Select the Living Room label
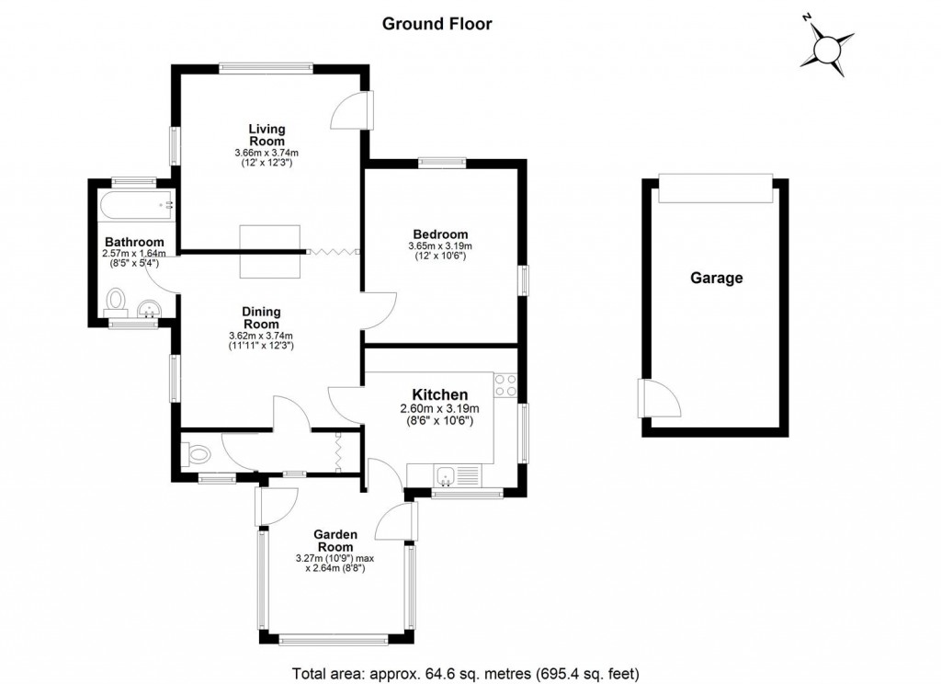pyautogui.click(x=266, y=135)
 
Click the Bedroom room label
pyautogui.click(x=437, y=234)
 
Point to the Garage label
pyautogui.click(x=717, y=278)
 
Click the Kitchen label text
pyautogui.click(x=433, y=394)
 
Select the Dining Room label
pyautogui.click(x=261, y=318)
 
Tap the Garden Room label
pyautogui.click(x=334, y=540)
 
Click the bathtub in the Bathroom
pyautogui.click(x=136, y=204)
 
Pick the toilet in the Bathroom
pyautogui.click(x=117, y=301)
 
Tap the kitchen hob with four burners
pyautogui.click(x=505, y=385)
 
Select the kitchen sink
pyautogui.click(x=447, y=476)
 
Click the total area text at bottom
pyautogui.click(x=465, y=672)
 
